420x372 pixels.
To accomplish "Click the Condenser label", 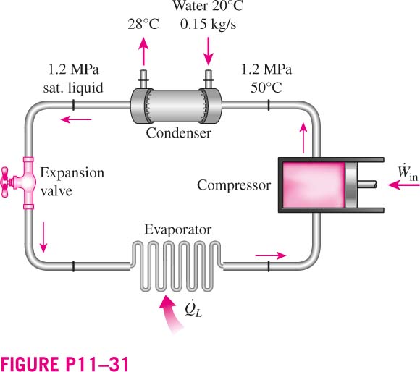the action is (178, 132).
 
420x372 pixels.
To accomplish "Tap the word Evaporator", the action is (178, 229).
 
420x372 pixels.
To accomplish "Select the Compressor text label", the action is (234, 185).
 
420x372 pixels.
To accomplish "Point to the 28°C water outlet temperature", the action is (143, 25).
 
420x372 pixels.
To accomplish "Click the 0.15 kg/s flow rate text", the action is (208, 25).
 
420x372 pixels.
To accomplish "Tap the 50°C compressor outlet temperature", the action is (266, 88).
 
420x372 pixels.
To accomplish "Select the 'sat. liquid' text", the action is (73, 88).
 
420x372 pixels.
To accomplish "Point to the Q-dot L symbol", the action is (193, 310).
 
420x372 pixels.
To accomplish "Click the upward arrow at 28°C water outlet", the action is (143, 51).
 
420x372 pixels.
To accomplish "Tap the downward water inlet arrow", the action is (208, 51).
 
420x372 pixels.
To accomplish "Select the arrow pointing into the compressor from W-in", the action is (403, 185).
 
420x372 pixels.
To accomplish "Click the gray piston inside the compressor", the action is (351, 185).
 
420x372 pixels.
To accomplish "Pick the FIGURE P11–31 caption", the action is (64, 363).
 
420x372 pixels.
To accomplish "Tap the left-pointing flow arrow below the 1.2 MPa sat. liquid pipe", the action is (76, 119).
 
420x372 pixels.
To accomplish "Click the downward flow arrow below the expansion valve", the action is (43, 237).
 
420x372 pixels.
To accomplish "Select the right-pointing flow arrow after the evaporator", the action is (271, 255).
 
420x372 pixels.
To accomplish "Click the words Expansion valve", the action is (72, 182).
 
